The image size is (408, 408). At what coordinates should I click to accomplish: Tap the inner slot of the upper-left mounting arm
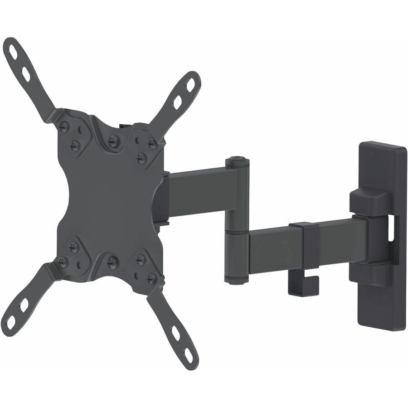point(26,73)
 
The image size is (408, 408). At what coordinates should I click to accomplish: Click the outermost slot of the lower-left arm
point(11,323)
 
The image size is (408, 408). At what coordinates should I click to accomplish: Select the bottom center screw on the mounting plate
point(112,262)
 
